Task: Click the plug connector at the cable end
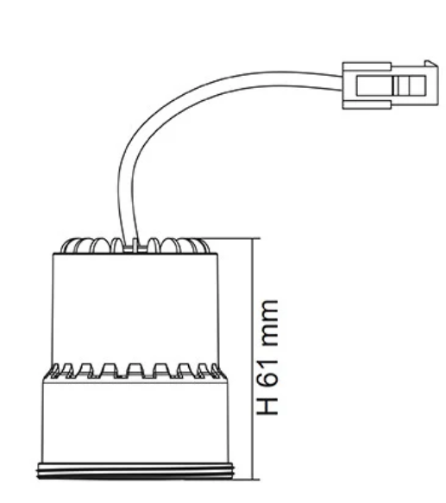pyautogui.click(x=390, y=85)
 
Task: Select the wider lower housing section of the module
pyautogui.click(x=135, y=420)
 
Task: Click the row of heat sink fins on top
pyautogui.click(x=135, y=245)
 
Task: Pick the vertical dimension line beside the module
pyautogui.click(x=254, y=359)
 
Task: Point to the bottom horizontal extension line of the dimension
pyautogui.click(x=247, y=480)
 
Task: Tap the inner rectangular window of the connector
pyautogui.click(x=391, y=85)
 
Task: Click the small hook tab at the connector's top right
pyautogui.click(x=431, y=63)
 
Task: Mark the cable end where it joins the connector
pyautogui.click(x=342, y=83)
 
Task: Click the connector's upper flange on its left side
pyautogui.click(x=367, y=66)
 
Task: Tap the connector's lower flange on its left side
pyautogui.click(x=367, y=105)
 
